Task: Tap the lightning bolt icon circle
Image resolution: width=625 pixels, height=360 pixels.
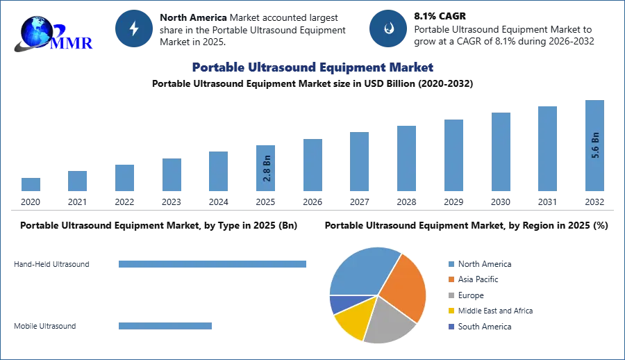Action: pos(134,28)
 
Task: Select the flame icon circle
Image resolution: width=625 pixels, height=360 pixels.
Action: pos(389,28)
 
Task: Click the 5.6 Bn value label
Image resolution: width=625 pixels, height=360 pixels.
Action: pos(595,145)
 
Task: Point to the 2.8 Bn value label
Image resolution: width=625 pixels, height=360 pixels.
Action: pos(267,169)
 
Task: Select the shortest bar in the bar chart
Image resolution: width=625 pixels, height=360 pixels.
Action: pos(31,186)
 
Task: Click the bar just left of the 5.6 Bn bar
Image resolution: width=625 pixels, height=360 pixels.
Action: pos(547,149)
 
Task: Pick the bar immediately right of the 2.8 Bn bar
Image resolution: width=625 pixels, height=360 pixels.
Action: pos(311,166)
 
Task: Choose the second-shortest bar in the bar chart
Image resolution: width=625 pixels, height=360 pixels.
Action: pos(78,180)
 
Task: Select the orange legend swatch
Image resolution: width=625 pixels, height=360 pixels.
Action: pos(451,279)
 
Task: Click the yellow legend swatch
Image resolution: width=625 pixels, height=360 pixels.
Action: pos(451,311)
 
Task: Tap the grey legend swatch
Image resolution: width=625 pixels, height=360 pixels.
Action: pos(451,295)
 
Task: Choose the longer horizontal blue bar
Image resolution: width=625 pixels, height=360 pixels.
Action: pos(213,264)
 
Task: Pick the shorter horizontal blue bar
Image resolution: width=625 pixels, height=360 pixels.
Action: pos(166,327)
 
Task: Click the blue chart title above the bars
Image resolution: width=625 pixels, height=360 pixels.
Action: pos(311,67)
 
